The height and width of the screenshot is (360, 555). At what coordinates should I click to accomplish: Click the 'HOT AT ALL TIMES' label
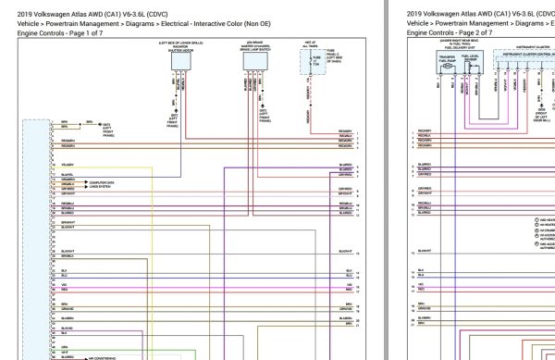312,45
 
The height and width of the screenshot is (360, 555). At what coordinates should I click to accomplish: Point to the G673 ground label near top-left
92,126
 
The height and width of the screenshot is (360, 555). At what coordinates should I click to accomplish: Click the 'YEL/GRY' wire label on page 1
67,165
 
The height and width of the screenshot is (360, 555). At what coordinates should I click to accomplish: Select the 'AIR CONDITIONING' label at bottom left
105,355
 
